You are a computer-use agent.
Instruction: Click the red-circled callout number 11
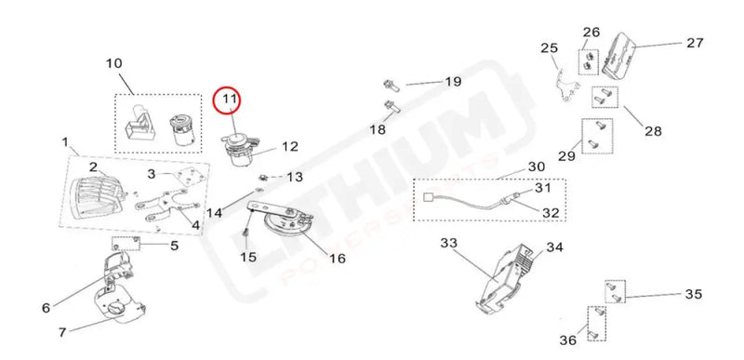pos(230,100)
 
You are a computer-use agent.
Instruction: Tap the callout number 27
pos(695,43)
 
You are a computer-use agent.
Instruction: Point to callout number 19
pos(453,82)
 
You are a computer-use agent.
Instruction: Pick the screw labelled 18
pos(392,105)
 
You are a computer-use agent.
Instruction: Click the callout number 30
pos(537,167)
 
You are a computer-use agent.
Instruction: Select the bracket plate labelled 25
pos(567,87)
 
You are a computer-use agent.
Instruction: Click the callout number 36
pos(568,340)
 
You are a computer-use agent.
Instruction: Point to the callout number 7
pos(62,333)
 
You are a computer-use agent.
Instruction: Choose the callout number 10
pos(113,63)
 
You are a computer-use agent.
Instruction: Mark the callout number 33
pos(448,244)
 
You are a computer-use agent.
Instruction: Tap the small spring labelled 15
pos(246,233)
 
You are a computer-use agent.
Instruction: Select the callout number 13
pos(295,178)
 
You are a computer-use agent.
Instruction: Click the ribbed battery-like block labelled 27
pos(618,55)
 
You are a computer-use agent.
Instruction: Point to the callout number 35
pos(693,295)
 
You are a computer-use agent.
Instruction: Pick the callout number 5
pos(174,246)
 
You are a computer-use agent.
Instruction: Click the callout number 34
pos(554,247)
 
